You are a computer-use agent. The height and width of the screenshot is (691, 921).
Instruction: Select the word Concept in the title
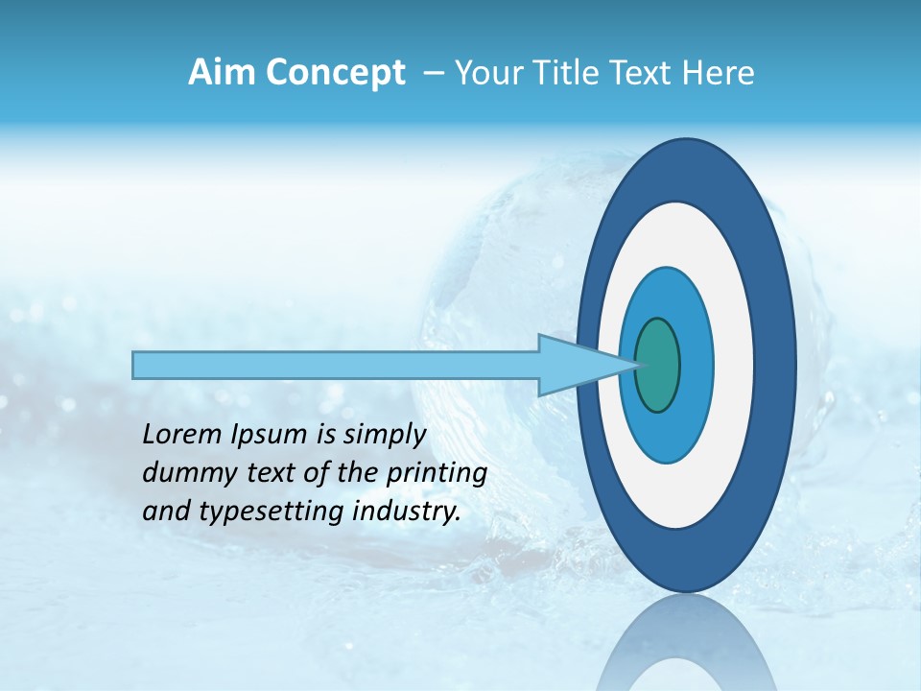[x=336, y=74]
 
